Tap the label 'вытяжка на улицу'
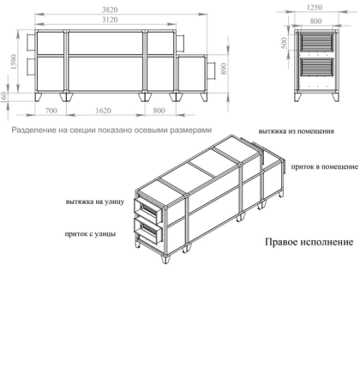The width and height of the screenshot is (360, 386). click(x=94, y=203)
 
